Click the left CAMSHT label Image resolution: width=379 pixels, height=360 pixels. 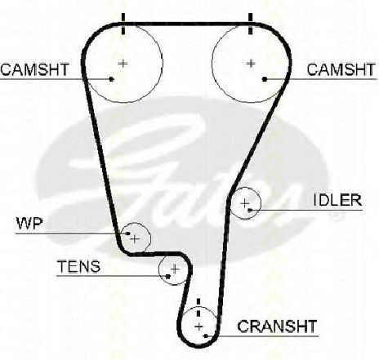coord(35,69)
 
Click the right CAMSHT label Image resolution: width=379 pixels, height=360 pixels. coord(341,69)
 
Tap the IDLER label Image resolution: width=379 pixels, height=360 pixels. coord(337,200)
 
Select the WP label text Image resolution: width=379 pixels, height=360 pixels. coord(29,224)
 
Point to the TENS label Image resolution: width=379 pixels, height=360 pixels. coord(78,266)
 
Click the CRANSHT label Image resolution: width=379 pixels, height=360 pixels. coord(277,326)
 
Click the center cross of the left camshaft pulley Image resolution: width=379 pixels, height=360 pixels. coord(123,64)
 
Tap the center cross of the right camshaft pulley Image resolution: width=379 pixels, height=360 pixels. coord(251,64)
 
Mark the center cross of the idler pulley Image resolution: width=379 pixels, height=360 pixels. coord(245,203)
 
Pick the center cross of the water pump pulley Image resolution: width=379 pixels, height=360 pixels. coord(135,239)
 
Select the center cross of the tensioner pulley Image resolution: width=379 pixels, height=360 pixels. coord(175,269)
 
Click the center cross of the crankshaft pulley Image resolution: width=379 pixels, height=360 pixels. coord(199,327)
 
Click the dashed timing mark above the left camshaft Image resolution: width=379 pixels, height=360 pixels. coord(123,24)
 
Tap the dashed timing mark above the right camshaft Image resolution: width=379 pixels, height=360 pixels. coord(251,24)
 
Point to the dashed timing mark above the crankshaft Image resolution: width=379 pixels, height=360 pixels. coord(198,308)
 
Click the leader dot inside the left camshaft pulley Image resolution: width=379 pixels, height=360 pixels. coord(111,79)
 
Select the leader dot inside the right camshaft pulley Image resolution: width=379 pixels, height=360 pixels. coord(265,79)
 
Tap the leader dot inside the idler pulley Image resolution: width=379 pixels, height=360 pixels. coord(250,210)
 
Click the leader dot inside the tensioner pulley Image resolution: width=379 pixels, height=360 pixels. coord(168,277)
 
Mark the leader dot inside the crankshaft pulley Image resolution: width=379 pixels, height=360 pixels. coord(206,336)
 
